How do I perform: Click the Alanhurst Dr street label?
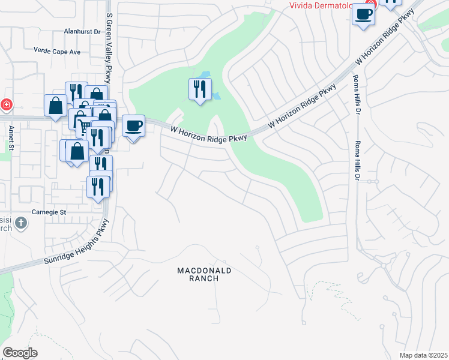click(x=82, y=31)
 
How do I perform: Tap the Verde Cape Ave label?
click(x=57, y=52)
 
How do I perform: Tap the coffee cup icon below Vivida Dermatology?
click(x=363, y=14)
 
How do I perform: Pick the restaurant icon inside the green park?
click(x=200, y=89)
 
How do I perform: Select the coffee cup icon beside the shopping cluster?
click(x=133, y=126)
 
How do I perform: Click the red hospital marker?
click(x=6, y=105)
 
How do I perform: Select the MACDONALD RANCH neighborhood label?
click(x=204, y=274)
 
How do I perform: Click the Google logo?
click(x=20, y=353)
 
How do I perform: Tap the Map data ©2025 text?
click(x=423, y=355)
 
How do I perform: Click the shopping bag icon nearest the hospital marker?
click(x=55, y=106)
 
